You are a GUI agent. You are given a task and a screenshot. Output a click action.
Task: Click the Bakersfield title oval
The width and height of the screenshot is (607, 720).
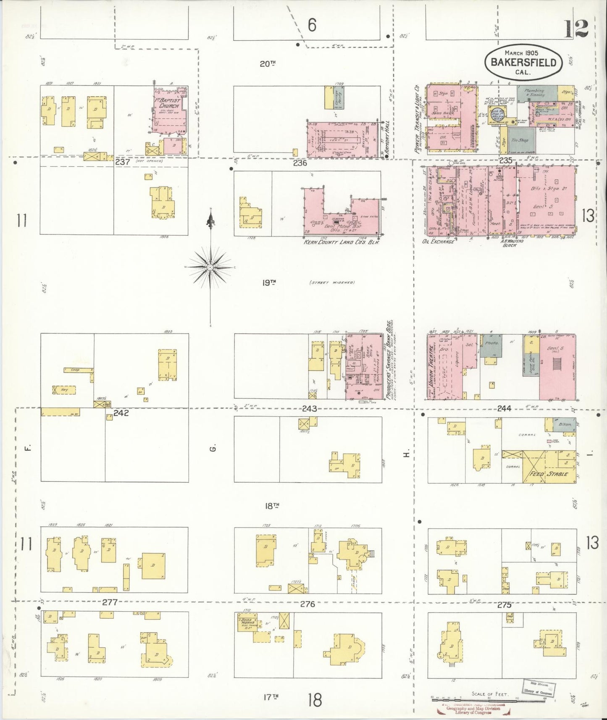coord(523,62)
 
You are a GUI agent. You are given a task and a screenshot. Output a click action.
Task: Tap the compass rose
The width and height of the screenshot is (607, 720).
coord(210,267)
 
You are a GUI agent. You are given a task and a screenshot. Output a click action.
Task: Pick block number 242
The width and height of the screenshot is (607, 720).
coord(120,413)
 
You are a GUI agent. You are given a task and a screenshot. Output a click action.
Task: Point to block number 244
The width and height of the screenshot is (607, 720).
coord(503,408)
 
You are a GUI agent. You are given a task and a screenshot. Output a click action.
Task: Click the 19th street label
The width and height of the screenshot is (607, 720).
coord(269,283)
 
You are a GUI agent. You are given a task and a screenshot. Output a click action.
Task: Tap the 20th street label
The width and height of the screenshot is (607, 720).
coord(267,64)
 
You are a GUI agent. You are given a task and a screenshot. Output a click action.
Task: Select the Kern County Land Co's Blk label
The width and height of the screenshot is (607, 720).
coord(342,242)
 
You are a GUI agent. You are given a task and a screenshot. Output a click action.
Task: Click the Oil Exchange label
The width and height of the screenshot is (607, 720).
coord(438,242)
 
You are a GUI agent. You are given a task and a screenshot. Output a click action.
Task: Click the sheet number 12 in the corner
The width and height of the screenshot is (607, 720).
coord(576,29)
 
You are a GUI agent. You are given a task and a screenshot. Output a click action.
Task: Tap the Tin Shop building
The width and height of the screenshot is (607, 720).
coord(520,140)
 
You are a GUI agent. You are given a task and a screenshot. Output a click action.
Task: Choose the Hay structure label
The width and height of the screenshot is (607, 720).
coord(64,389)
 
